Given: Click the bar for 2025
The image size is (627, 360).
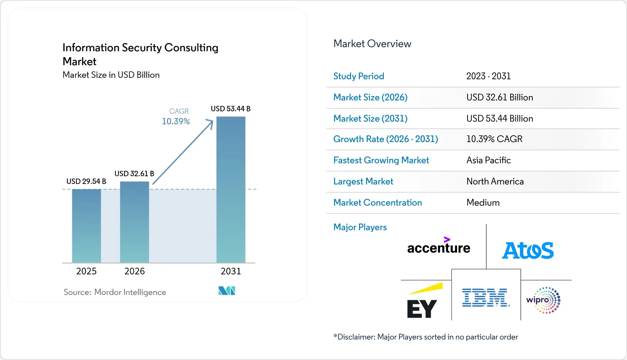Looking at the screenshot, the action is pos(86,226).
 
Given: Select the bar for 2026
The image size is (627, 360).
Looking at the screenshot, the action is pos(135,222).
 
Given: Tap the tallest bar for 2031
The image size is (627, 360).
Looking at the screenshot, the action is pos(231,190).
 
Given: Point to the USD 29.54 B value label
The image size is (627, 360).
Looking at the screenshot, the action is pos(86,181).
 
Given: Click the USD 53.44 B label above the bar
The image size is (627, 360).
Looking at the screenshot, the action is pos(231,109).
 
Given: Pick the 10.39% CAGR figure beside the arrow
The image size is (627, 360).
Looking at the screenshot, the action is pos(176,121).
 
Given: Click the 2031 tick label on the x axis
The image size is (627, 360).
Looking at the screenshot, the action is pos(231,271).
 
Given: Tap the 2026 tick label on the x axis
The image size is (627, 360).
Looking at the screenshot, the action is pos(135,271).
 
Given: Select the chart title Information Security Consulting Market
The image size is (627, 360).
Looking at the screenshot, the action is pos(140,54).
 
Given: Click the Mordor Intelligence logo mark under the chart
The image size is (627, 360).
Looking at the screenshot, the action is pos(227,291).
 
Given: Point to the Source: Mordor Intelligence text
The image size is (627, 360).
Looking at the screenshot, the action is pos(115,292).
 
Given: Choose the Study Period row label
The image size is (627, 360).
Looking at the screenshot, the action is pos(359,76).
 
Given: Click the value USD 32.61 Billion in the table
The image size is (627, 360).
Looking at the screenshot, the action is pos(500,97).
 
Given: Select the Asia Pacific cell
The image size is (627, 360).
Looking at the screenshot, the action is pos(489,160).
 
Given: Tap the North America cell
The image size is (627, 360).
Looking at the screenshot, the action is pos(495,181).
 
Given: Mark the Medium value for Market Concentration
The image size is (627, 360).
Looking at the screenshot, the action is pos(483,203).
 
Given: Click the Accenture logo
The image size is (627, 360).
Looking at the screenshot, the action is pos(439,246).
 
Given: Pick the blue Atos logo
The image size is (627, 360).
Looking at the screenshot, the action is pos(528,250).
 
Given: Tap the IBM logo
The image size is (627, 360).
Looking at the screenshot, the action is pos(486,297).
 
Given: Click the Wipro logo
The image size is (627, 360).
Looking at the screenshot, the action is pos(544,300).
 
